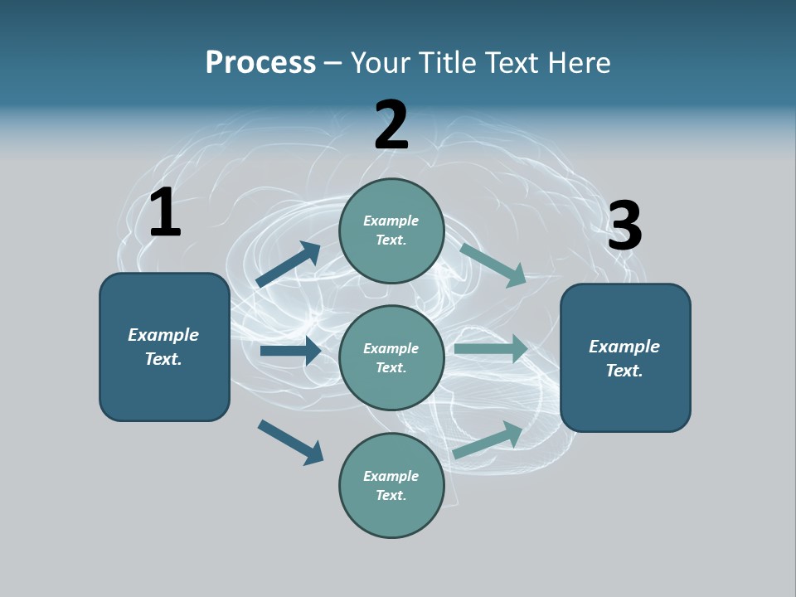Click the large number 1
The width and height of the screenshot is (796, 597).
(165, 212)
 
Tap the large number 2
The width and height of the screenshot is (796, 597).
(391, 125)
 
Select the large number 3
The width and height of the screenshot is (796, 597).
(624, 226)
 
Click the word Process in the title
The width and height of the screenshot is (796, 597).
(260, 62)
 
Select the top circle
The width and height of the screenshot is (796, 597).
(391, 231)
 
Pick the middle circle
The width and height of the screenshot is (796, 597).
(391, 358)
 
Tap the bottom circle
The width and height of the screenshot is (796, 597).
(391, 486)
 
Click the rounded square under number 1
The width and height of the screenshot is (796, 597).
(164, 347)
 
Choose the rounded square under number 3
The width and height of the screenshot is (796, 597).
(625, 358)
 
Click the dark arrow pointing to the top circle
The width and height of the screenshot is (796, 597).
(289, 265)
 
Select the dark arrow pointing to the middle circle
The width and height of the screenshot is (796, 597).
(290, 351)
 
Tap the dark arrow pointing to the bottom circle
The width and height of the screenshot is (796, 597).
(291, 442)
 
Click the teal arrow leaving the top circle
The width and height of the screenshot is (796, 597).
(493, 265)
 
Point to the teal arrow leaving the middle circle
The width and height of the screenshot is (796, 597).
(491, 349)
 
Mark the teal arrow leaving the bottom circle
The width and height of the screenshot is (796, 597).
(488, 439)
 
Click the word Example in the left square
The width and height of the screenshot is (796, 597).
(163, 335)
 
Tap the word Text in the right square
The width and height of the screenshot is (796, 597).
(624, 371)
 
